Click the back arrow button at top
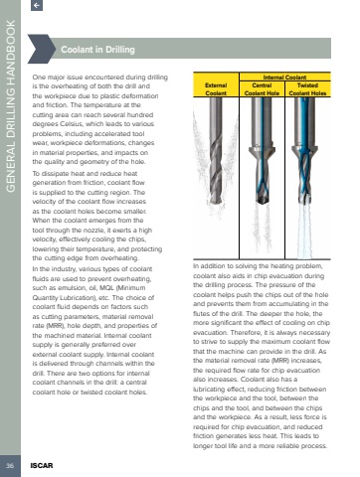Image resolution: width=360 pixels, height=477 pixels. (37, 5)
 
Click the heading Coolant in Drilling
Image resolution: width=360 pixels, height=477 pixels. (97, 50)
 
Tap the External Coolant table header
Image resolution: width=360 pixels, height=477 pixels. (216, 89)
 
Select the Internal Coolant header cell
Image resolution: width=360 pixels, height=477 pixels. (284, 78)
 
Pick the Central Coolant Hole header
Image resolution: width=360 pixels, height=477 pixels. (262, 89)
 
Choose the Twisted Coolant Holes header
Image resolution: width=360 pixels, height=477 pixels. (307, 89)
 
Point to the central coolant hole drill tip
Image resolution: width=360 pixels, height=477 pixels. (263, 202)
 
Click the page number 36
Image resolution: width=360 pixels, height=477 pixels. (10, 465)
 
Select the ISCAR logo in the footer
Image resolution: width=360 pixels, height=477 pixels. (42, 465)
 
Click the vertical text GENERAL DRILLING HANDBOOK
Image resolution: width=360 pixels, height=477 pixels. (11, 106)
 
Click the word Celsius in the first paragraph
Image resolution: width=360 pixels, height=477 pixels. (72, 124)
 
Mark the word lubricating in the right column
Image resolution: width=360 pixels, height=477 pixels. (208, 390)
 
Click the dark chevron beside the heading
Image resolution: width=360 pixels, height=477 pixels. (41, 49)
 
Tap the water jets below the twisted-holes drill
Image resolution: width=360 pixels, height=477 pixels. (305, 231)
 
